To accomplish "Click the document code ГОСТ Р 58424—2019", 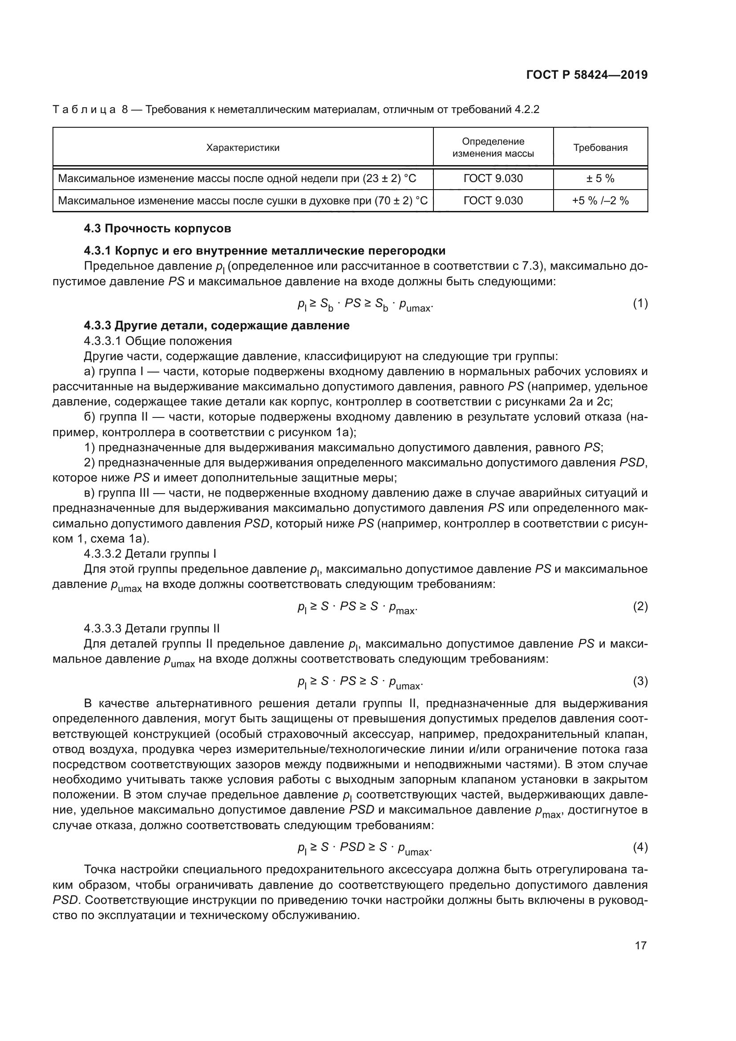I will click(x=587, y=75).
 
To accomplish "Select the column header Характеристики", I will click(x=243, y=147).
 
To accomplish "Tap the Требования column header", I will click(x=600, y=147).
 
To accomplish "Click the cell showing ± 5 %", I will click(x=600, y=178).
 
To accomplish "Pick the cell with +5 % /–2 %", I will click(x=600, y=200).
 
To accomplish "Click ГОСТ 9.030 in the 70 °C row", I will click(x=493, y=200).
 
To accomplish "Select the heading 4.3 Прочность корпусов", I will click(x=157, y=228).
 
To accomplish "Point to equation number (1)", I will click(x=640, y=304).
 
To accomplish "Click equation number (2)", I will click(x=640, y=606).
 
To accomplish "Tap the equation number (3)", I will click(x=640, y=681).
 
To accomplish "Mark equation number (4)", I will click(x=640, y=847).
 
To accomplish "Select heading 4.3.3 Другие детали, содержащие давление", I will click(x=217, y=325).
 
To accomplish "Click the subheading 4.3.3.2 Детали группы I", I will click(x=150, y=554).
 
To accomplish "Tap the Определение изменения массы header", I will click(x=493, y=147).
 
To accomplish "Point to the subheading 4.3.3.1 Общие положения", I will click(x=158, y=341).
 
